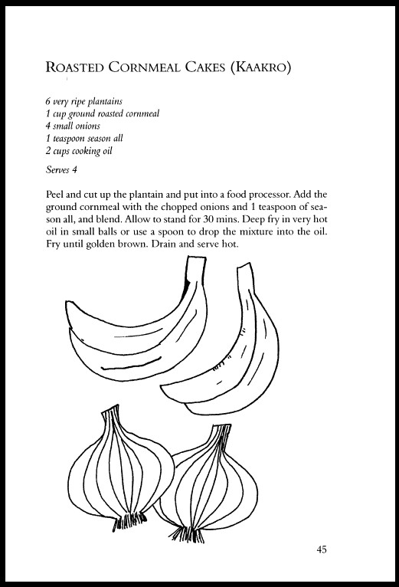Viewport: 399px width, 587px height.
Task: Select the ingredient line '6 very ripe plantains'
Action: (x=82, y=102)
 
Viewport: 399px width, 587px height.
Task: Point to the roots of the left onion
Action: (x=130, y=525)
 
